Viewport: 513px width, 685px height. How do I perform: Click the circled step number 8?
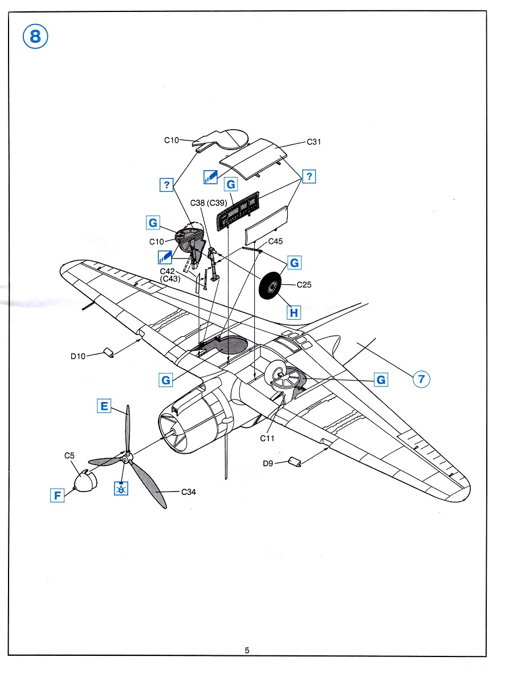point(35,38)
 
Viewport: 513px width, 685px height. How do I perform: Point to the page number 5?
point(247,650)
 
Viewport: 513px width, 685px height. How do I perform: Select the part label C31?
point(314,142)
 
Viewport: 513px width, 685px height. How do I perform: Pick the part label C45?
point(275,241)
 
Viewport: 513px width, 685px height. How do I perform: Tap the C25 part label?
point(304,285)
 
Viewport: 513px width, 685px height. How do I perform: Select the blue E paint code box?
point(104,406)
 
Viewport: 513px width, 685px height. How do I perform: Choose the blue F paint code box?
point(57,495)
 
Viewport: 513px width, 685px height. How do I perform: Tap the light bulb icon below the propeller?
point(121,488)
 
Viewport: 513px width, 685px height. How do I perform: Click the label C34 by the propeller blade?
point(188,493)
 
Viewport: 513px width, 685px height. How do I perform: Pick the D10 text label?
point(78,357)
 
